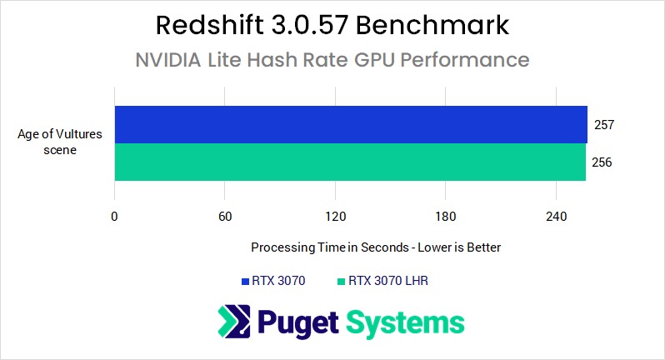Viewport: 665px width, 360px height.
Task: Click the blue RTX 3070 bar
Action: pos(350,124)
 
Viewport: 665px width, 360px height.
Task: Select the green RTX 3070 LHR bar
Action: pos(350,162)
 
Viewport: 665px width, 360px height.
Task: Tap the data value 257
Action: pos(604,124)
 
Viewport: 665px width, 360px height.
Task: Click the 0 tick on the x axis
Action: pos(114,217)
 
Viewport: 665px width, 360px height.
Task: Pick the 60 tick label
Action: pos(224,217)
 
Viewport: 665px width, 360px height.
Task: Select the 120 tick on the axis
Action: pos(335,217)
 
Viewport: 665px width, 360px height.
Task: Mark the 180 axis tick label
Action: pos(446,217)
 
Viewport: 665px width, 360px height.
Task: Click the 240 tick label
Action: pos(556,217)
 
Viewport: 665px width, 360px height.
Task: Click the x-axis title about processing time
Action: pos(375,247)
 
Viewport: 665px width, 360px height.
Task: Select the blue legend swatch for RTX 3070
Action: pos(245,282)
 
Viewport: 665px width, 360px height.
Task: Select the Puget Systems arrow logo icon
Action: pos(234,322)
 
